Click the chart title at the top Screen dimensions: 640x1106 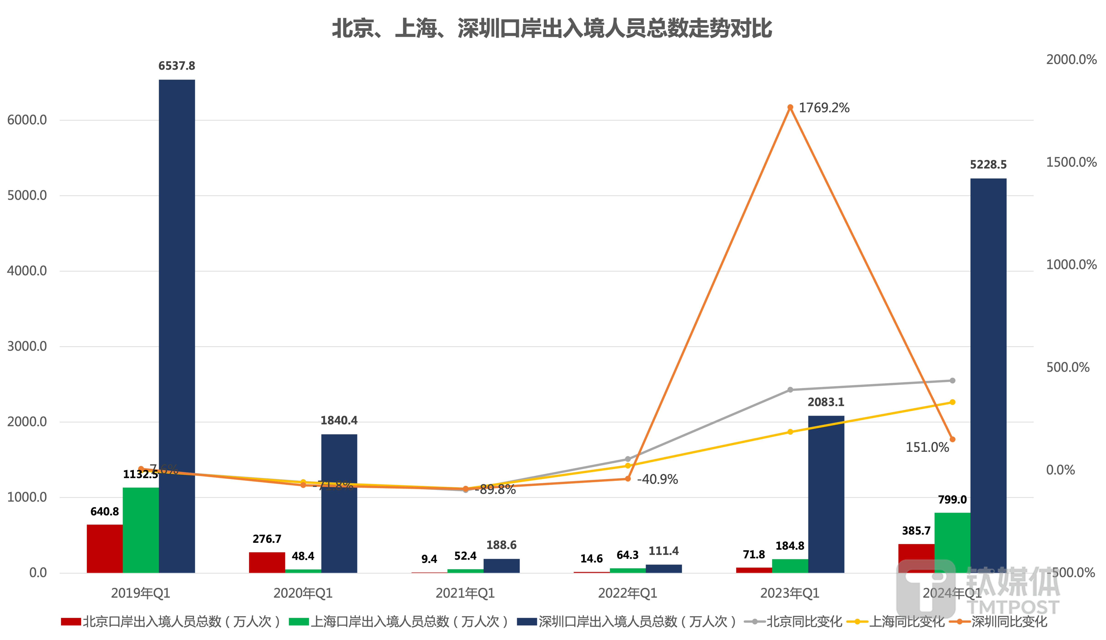point(552,29)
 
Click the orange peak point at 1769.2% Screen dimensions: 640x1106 point(790,107)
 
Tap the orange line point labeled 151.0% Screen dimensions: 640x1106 point(952,439)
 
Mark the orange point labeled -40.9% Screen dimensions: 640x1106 point(628,479)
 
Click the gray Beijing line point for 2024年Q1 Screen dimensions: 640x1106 point(952,380)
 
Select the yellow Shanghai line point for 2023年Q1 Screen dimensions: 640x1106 point(790,432)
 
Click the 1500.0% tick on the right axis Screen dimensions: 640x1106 point(1071,162)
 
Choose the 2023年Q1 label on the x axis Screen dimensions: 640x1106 point(790,593)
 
